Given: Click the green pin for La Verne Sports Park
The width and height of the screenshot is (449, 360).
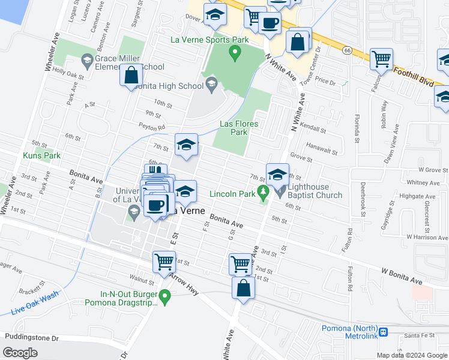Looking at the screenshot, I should [x=235, y=53].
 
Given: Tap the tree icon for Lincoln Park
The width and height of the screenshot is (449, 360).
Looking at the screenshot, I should [x=262, y=193].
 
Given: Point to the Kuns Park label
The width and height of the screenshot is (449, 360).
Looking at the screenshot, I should [x=41, y=155].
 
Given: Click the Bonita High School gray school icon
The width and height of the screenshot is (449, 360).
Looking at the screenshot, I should [x=211, y=83].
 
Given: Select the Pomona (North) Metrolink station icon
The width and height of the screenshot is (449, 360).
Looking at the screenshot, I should [x=382, y=329].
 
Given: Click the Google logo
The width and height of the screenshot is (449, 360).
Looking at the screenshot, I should [x=20, y=352].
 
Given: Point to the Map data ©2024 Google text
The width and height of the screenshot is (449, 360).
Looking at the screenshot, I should [x=412, y=355].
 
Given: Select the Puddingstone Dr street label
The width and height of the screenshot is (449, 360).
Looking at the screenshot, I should [x=31, y=337].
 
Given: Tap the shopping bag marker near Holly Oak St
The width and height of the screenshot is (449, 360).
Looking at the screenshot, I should [x=131, y=76].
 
